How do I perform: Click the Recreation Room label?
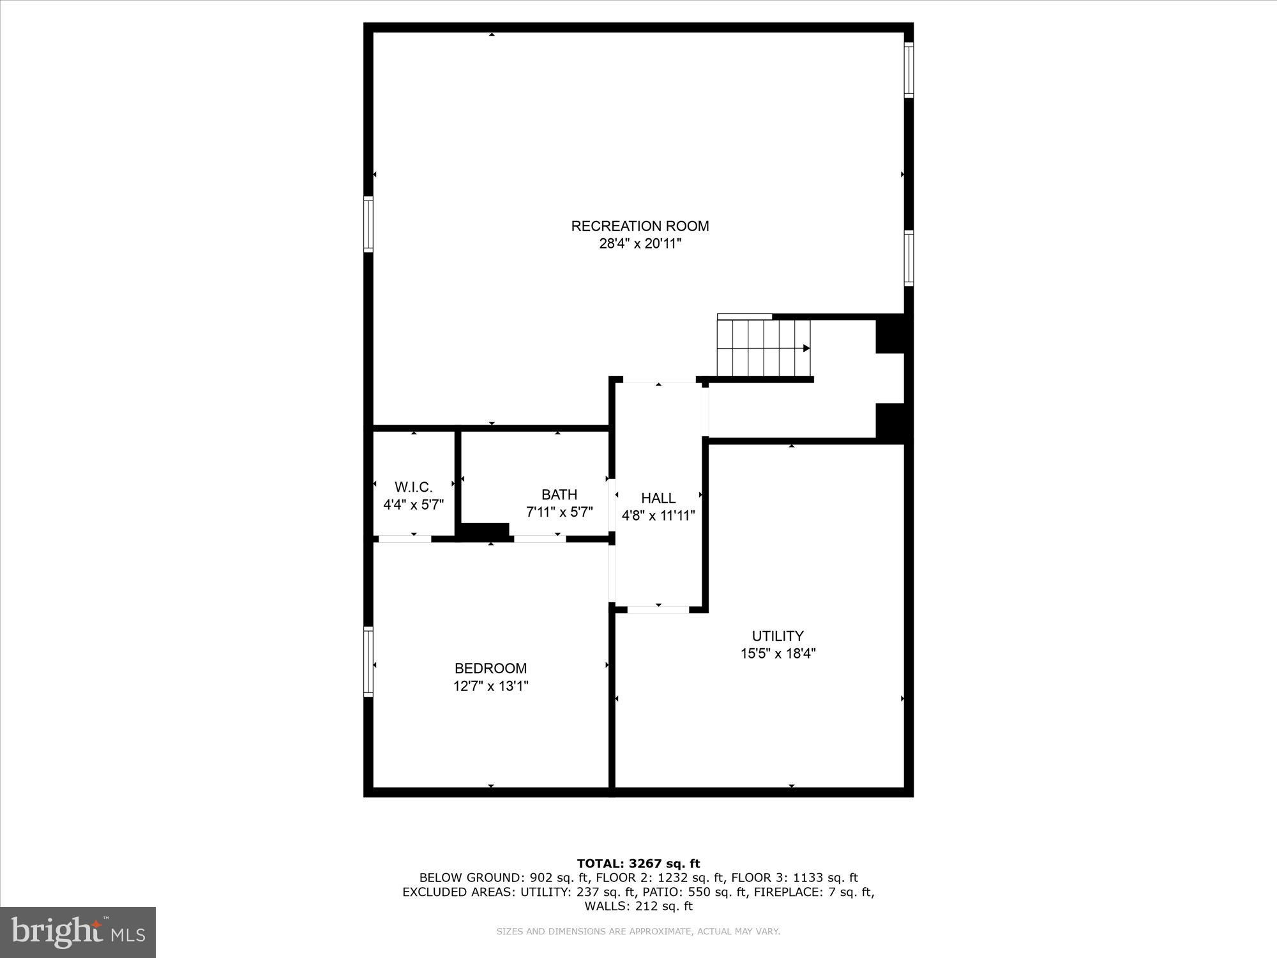[640, 226]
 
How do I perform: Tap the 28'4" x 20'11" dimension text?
[640, 243]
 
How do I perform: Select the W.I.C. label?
[413, 487]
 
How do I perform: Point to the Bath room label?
[559, 494]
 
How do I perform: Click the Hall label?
[658, 498]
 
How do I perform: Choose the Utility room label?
[778, 636]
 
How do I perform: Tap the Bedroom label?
[490, 669]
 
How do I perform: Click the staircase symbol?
[764, 348]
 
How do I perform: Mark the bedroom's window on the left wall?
[368, 662]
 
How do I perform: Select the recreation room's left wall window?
[368, 224]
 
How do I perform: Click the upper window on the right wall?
[909, 70]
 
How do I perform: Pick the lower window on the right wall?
[909, 258]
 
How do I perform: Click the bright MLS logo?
[78, 932]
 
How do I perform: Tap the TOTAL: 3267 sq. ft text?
[638, 864]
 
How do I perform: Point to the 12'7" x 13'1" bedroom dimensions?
[490, 687]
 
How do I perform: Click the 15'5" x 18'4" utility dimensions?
[778, 653]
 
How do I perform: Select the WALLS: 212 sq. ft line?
[638, 906]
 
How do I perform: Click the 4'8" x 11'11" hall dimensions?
[658, 515]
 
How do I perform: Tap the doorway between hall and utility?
[658, 609]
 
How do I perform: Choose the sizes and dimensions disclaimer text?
[638, 932]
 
